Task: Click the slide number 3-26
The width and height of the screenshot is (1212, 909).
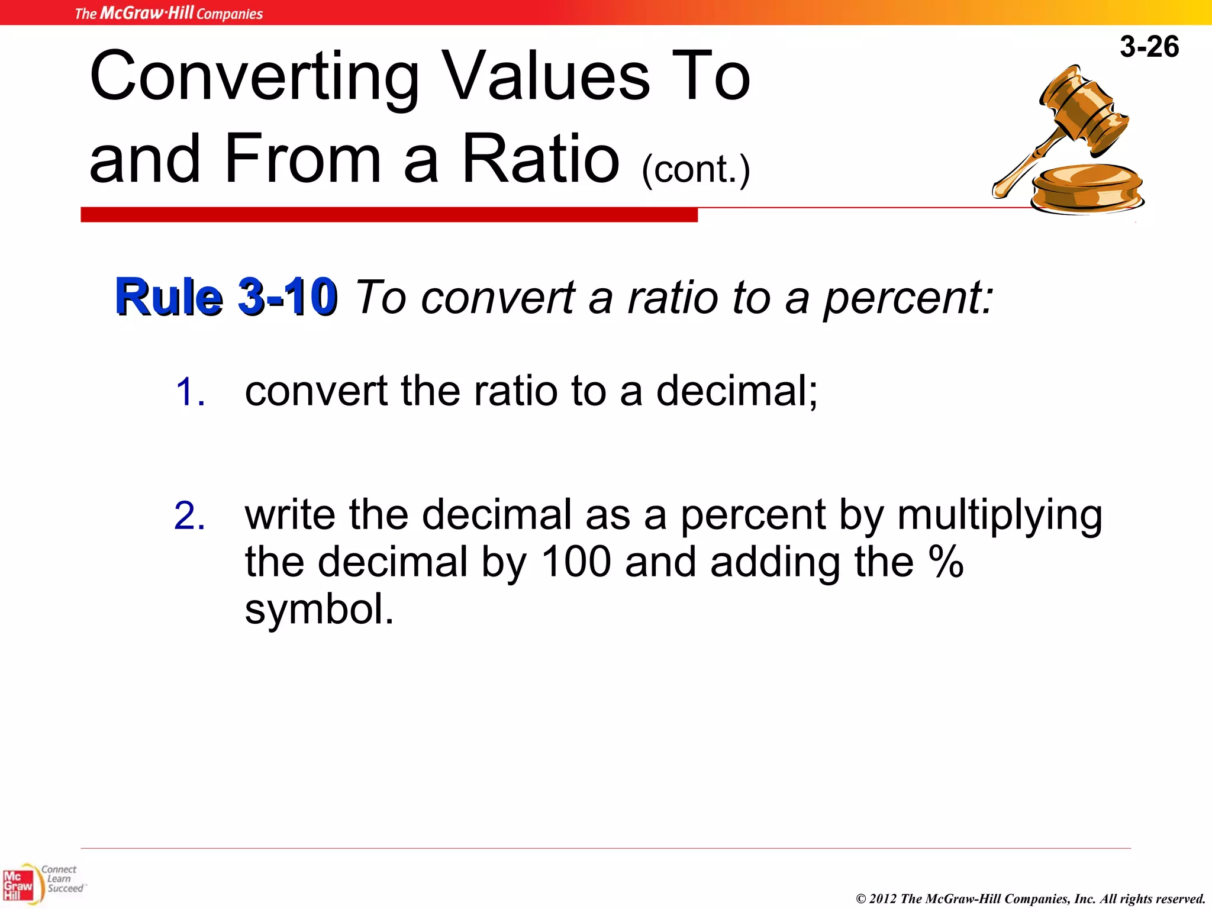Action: coord(1149,47)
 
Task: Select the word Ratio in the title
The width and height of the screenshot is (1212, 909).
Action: coord(540,159)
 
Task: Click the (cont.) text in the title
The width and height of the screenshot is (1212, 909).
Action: coord(696,170)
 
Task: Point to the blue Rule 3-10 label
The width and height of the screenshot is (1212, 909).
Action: coord(227,297)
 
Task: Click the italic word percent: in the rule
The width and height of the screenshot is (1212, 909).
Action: coord(908,298)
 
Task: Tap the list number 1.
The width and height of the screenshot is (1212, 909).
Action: coord(190,392)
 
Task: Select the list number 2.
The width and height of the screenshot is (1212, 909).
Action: coord(190,516)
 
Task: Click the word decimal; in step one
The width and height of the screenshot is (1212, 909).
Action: coord(737,391)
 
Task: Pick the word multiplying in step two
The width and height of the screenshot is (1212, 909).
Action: coord(1000,515)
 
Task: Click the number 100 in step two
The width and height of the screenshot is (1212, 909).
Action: coord(576,562)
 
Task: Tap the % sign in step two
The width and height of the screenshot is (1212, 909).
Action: coord(946,562)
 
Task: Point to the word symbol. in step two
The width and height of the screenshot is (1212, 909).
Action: coord(319,610)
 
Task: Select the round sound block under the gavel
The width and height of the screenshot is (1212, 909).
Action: coord(1088,188)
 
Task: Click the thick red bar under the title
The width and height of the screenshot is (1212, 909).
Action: coord(389,215)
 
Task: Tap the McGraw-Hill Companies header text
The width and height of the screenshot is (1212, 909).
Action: coord(169,13)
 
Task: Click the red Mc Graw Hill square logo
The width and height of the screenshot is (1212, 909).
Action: coord(18,885)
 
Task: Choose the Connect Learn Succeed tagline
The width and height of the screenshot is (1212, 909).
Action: coord(62,879)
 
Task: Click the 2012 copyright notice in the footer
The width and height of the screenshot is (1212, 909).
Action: coord(1030,899)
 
